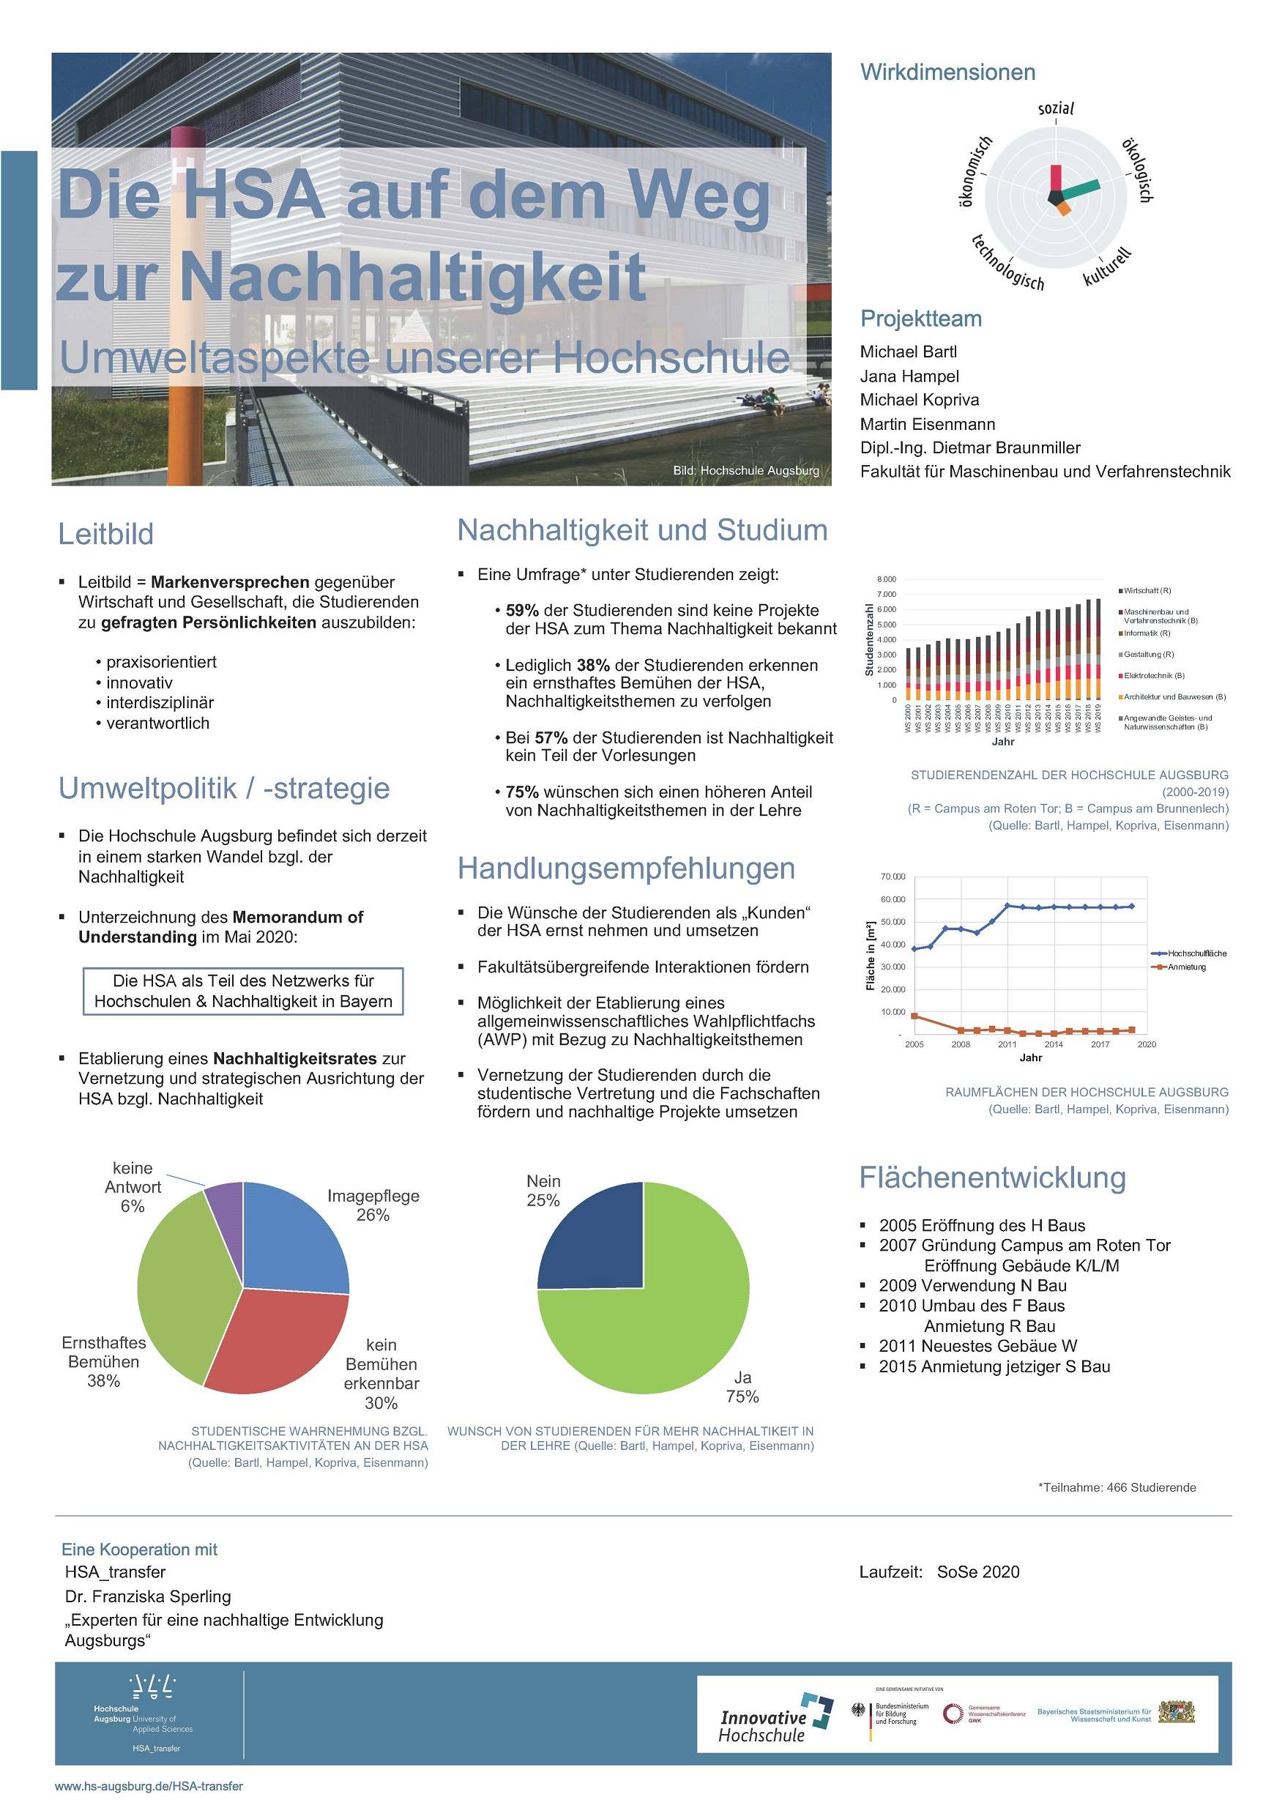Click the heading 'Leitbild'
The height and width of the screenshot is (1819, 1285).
(105, 534)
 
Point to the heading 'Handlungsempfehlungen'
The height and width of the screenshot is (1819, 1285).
(626, 868)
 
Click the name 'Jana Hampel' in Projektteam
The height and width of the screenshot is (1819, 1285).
(909, 376)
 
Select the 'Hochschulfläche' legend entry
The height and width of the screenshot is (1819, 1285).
(1196, 953)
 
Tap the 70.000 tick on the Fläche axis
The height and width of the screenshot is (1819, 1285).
(892, 877)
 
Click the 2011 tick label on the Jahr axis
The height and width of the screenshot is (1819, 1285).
(1006, 1044)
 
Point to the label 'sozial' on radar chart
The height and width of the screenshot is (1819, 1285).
(1055, 108)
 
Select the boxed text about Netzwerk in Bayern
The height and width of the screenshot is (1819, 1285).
(243, 991)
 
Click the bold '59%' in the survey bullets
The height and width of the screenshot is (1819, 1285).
(521, 611)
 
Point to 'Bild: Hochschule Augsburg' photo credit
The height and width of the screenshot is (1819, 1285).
(745, 471)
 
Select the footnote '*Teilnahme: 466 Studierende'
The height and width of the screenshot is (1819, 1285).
(1117, 1487)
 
